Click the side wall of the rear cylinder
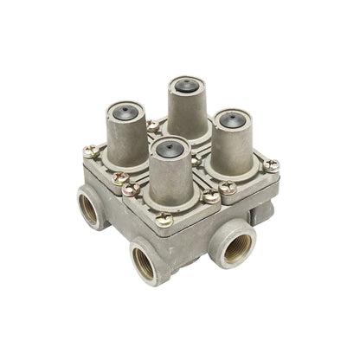188,112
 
